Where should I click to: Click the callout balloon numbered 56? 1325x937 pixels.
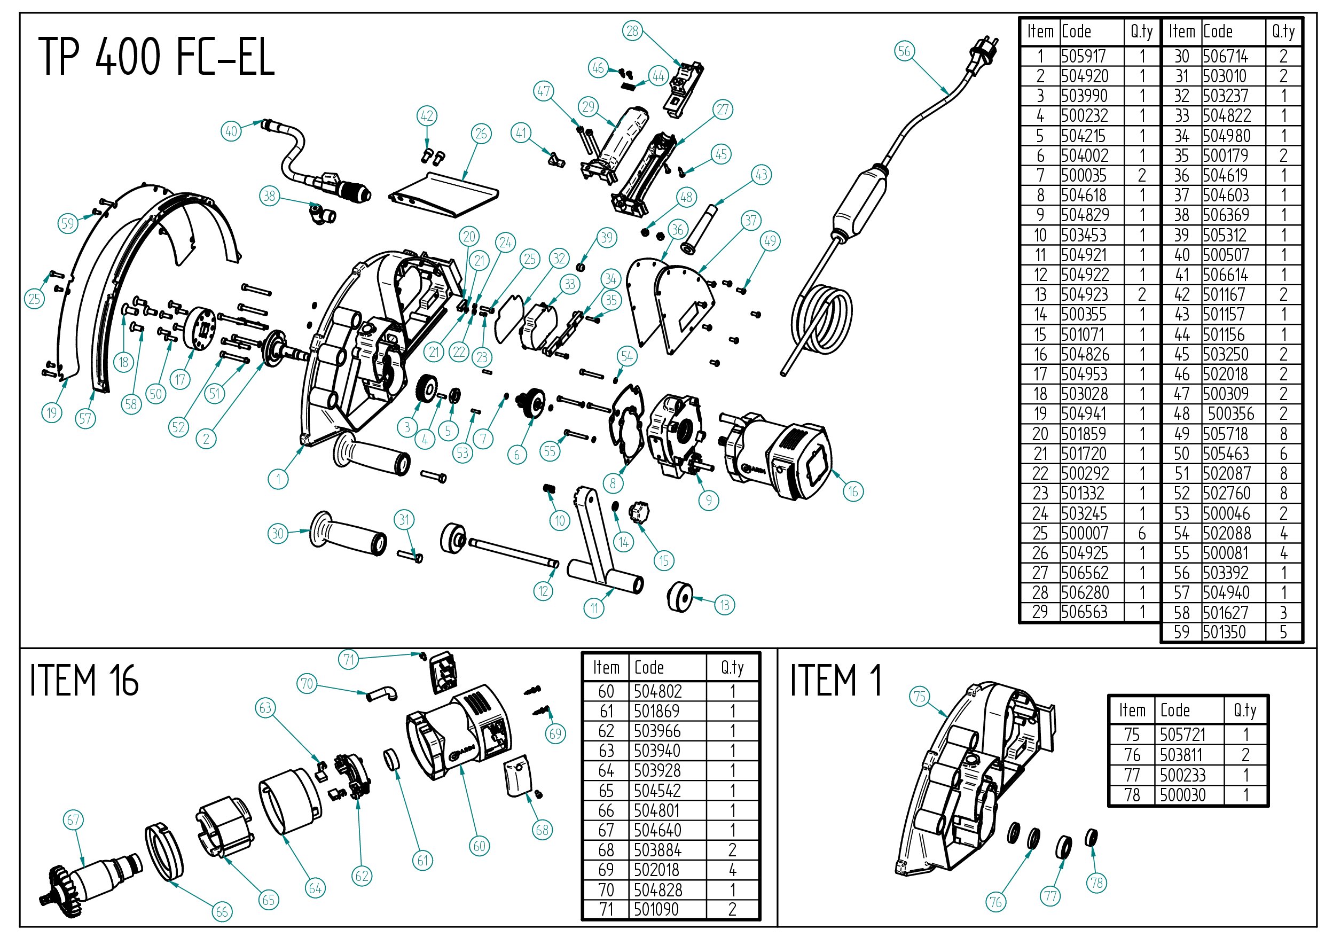click(904, 51)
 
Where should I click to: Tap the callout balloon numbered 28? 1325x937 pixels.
click(632, 30)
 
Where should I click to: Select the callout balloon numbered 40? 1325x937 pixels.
click(231, 131)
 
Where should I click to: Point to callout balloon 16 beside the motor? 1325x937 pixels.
click(853, 491)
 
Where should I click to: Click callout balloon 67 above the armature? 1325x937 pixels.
click(73, 820)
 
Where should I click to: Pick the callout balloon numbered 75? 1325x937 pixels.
click(920, 696)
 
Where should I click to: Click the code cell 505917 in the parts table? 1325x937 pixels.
click(1083, 57)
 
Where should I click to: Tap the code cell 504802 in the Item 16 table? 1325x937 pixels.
click(657, 691)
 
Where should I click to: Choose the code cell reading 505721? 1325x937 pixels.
click(1183, 735)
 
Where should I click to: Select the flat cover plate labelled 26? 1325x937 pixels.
click(444, 193)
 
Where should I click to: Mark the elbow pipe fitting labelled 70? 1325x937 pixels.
click(382, 692)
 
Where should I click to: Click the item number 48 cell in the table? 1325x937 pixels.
click(1181, 414)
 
